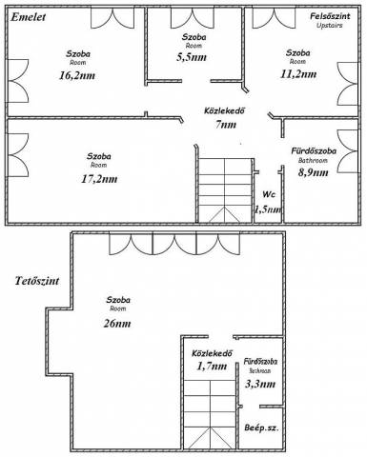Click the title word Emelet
(x=29, y=17)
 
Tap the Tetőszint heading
(x=37, y=281)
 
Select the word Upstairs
(x=330, y=26)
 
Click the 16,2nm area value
(x=77, y=75)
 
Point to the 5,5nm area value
(x=192, y=57)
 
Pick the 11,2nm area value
(x=298, y=74)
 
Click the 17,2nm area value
(x=99, y=179)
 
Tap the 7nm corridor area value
(x=226, y=125)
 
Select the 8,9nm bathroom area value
(x=314, y=172)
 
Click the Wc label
(x=269, y=194)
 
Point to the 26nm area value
(x=117, y=324)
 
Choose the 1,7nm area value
(x=212, y=367)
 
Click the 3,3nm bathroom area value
(x=260, y=384)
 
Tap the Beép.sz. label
(x=261, y=427)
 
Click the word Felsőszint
(x=330, y=16)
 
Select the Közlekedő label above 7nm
(x=225, y=111)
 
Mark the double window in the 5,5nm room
(x=193, y=18)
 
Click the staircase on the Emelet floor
(x=225, y=190)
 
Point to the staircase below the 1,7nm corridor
(x=211, y=414)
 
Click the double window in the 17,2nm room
(x=18, y=155)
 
